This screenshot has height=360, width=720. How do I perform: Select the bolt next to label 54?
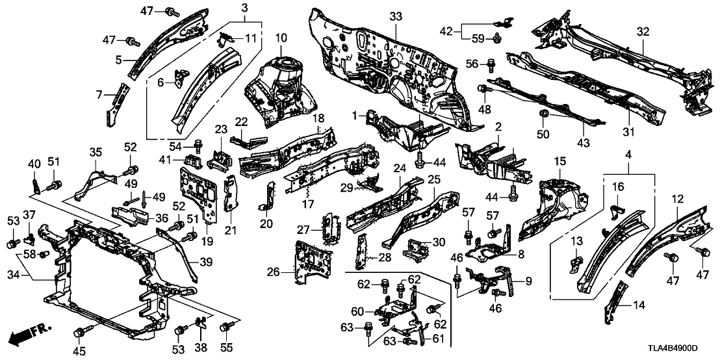(198, 142)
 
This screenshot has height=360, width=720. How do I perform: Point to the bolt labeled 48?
(483, 88)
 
